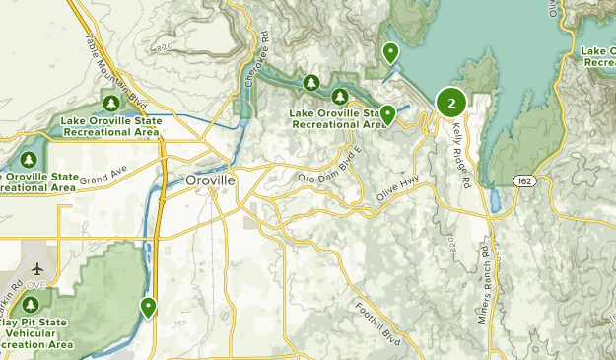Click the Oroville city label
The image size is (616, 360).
coord(209,181)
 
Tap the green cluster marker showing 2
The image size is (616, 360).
coord(451,103)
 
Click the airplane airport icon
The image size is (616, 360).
coord(37,269)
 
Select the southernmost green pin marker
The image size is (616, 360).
coord(148,308)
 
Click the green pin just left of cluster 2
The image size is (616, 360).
coord(388,114)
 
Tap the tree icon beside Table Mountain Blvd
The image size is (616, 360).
coord(111,104)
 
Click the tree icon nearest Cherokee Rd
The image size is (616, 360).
coord(311,82)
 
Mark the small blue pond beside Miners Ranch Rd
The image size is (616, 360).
coord(495,202)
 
